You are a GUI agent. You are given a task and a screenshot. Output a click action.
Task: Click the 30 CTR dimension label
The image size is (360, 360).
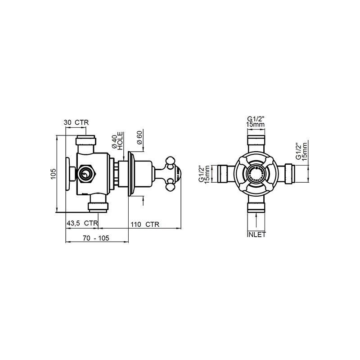76,122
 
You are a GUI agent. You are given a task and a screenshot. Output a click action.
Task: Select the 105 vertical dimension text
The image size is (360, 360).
53,174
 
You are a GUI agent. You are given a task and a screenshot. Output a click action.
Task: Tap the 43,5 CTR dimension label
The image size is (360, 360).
82,223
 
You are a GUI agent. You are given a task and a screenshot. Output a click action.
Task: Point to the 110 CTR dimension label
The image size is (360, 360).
145,224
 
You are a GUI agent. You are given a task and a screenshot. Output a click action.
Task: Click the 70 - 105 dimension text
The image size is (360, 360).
96,238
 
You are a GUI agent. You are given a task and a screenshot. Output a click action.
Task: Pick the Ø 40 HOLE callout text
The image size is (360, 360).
117,141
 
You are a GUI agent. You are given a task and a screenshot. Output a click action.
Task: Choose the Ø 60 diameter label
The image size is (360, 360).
139,137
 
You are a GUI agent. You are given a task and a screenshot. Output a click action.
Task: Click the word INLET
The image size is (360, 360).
256,234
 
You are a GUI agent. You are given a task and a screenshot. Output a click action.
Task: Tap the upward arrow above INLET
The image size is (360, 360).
256,221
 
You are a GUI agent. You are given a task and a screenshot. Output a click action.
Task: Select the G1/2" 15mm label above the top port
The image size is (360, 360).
256,121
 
